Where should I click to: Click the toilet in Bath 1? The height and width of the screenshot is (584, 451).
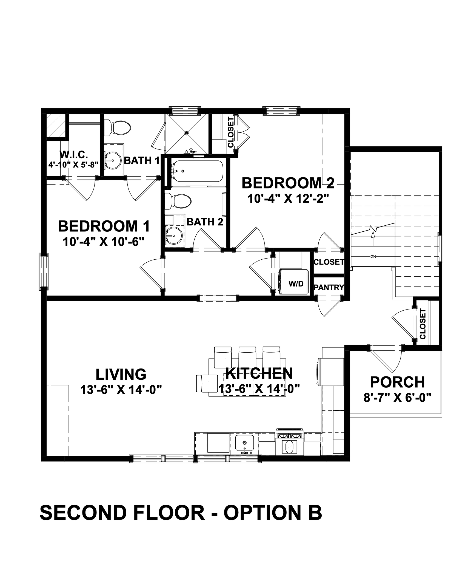coord(118,127)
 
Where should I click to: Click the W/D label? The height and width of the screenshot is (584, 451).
coord(296,284)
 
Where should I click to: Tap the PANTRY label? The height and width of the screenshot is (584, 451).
coord(329,288)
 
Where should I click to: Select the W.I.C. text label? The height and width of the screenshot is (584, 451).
coord(74,155)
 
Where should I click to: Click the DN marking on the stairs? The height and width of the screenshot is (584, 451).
coord(373,257)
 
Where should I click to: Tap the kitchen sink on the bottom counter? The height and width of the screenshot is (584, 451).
coord(245,443)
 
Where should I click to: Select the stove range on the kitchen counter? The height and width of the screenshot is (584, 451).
coord(290,444)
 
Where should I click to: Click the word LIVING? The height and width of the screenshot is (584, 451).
coord(121,374)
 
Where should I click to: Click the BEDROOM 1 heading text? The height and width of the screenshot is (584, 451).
coord(104,226)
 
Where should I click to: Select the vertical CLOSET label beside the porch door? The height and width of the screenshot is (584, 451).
coord(423,324)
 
